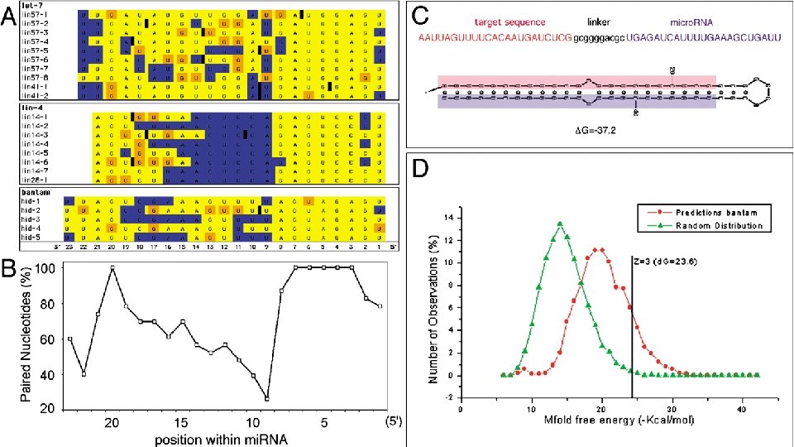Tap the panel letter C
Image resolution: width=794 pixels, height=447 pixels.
(421, 15)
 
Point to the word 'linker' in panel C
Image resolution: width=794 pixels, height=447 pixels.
(600, 22)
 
